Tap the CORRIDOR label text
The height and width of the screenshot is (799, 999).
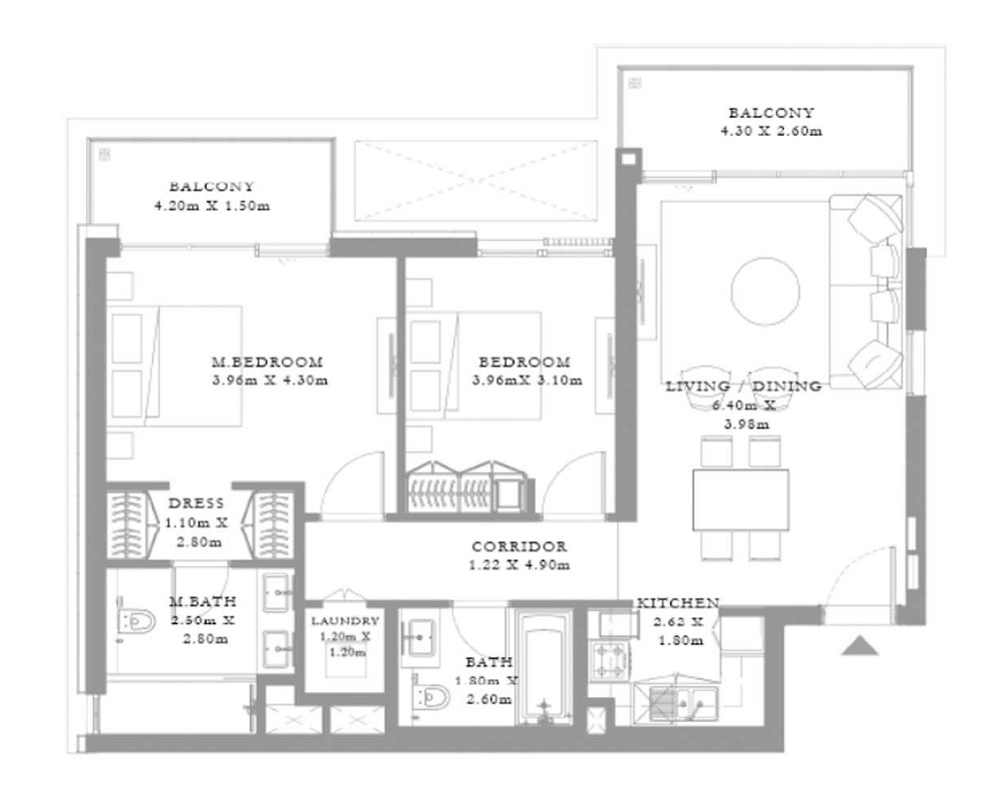[519, 547]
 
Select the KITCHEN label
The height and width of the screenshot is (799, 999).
[678, 603]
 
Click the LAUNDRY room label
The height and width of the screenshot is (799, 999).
[345, 620]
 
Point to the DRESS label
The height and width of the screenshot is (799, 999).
[196, 504]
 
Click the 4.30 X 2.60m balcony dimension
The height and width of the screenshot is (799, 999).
[770, 131]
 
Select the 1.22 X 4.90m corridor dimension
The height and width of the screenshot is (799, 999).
[519, 565]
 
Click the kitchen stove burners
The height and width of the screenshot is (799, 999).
[609, 658]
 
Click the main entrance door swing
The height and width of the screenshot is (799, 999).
[854, 579]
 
